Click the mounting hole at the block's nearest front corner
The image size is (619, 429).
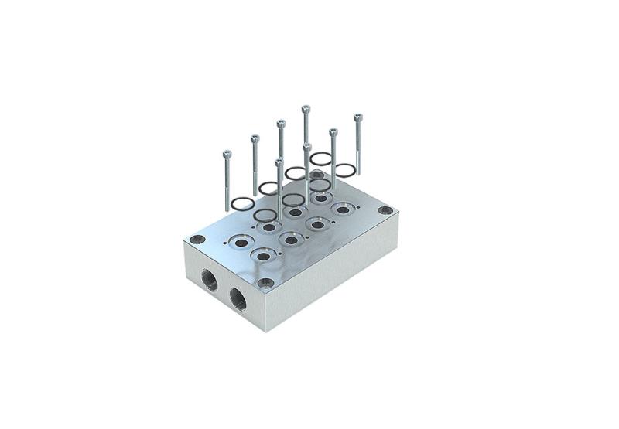pos(265,283)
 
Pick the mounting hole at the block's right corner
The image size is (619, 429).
pos(385,211)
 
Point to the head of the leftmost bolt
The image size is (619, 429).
pos(227,154)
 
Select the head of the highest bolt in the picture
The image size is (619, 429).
pos(306,109)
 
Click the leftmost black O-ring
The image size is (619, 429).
pos(241,203)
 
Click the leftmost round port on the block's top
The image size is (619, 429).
pos(241,243)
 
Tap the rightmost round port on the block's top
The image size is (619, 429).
pos(342,209)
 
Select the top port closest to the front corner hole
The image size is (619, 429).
pos(265,254)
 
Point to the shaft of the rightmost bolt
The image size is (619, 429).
pos(358,147)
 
